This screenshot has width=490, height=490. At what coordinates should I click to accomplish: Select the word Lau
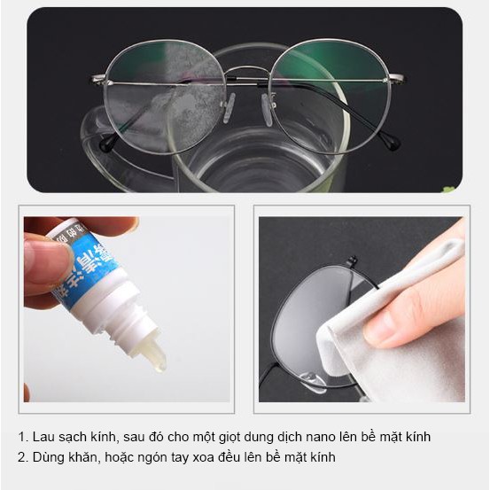coord(43,437)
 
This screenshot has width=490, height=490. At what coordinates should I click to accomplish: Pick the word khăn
coord(83,456)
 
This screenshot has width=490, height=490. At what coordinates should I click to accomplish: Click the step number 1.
coord(20,437)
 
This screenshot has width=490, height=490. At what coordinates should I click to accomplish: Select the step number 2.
coord(20,456)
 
